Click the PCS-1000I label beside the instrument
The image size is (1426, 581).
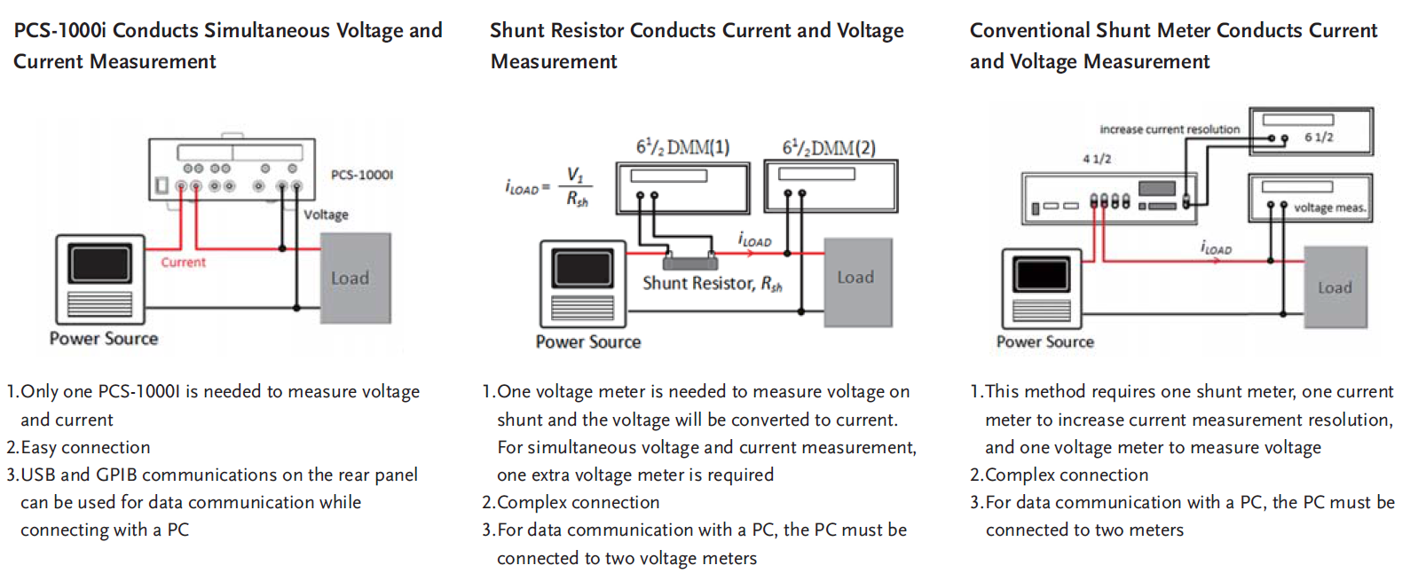362,175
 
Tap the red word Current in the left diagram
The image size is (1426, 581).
183,263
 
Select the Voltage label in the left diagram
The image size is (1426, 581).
326,215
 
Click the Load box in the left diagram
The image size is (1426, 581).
355,279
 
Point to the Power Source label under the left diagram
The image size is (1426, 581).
104,339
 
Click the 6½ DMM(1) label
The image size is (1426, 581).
682,147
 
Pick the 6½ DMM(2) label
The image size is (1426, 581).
829,147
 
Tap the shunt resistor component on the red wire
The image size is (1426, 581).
689,261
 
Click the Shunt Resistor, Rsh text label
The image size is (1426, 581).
712,284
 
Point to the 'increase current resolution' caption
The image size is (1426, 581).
1170,130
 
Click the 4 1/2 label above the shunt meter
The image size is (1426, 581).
1097,159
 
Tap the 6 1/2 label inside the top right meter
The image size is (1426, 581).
1319,137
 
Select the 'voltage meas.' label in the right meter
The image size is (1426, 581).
1328,208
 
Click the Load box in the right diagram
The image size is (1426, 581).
1335,287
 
